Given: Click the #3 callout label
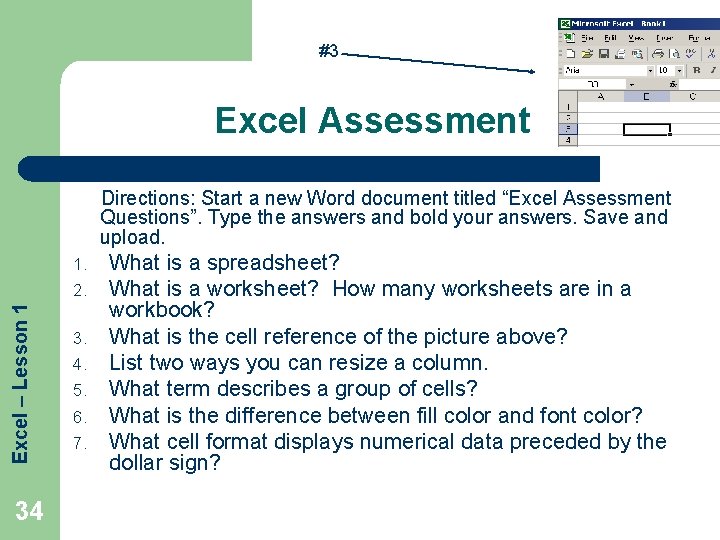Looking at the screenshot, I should click(x=328, y=50).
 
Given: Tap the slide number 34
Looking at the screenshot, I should click(x=29, y=512).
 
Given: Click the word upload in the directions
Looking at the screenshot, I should click(x=130, y=237).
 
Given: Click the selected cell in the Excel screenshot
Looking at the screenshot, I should click(x=645, y=129).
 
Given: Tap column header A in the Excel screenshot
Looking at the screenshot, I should click(x=600, y=97).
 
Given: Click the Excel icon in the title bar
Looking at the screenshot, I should click(x=565, y=23).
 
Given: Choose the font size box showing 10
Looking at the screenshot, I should click(x=663, y=71).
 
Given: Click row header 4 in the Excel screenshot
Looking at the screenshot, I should click(x=568, y=139).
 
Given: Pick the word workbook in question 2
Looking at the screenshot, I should click(x=157, y=310).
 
